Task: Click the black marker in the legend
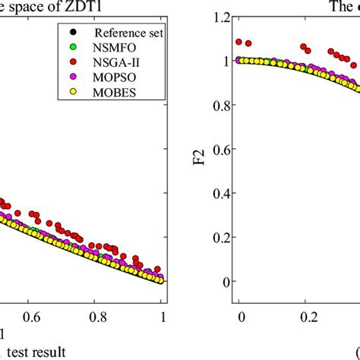pos(69,33)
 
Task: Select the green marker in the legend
pos(69,49)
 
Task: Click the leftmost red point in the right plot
pos(242,43)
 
